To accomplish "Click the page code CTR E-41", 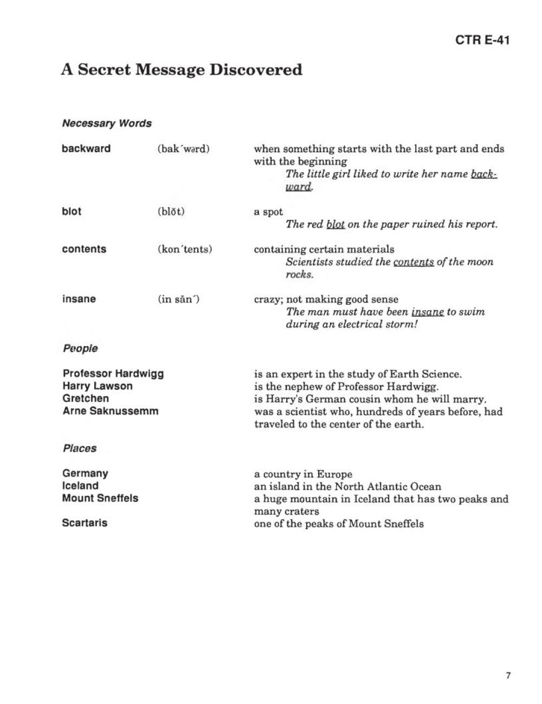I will pos(482,40).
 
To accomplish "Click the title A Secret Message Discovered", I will pos(182,70).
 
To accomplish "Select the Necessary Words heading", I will pos(107,123).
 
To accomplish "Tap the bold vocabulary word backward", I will pos(86,148).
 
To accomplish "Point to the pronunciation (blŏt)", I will pos(171,212).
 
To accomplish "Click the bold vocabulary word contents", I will pos(84,249).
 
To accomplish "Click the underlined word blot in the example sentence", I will pos(335,224).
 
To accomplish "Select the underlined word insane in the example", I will pos(428,312).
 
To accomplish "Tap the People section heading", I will pos(80,348).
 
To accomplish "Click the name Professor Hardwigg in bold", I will pos(113,374).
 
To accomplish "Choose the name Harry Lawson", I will pos(98,386).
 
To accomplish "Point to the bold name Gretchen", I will pos(86,399).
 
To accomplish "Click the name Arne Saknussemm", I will pos(111,411).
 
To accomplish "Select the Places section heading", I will pos(79,448).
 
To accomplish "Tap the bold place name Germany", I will pos(85,473).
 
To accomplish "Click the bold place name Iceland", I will pos(80,486).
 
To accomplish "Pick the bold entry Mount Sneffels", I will pos(100,498).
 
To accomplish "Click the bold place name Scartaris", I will pos(85,523).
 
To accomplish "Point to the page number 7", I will pos(508,675).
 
